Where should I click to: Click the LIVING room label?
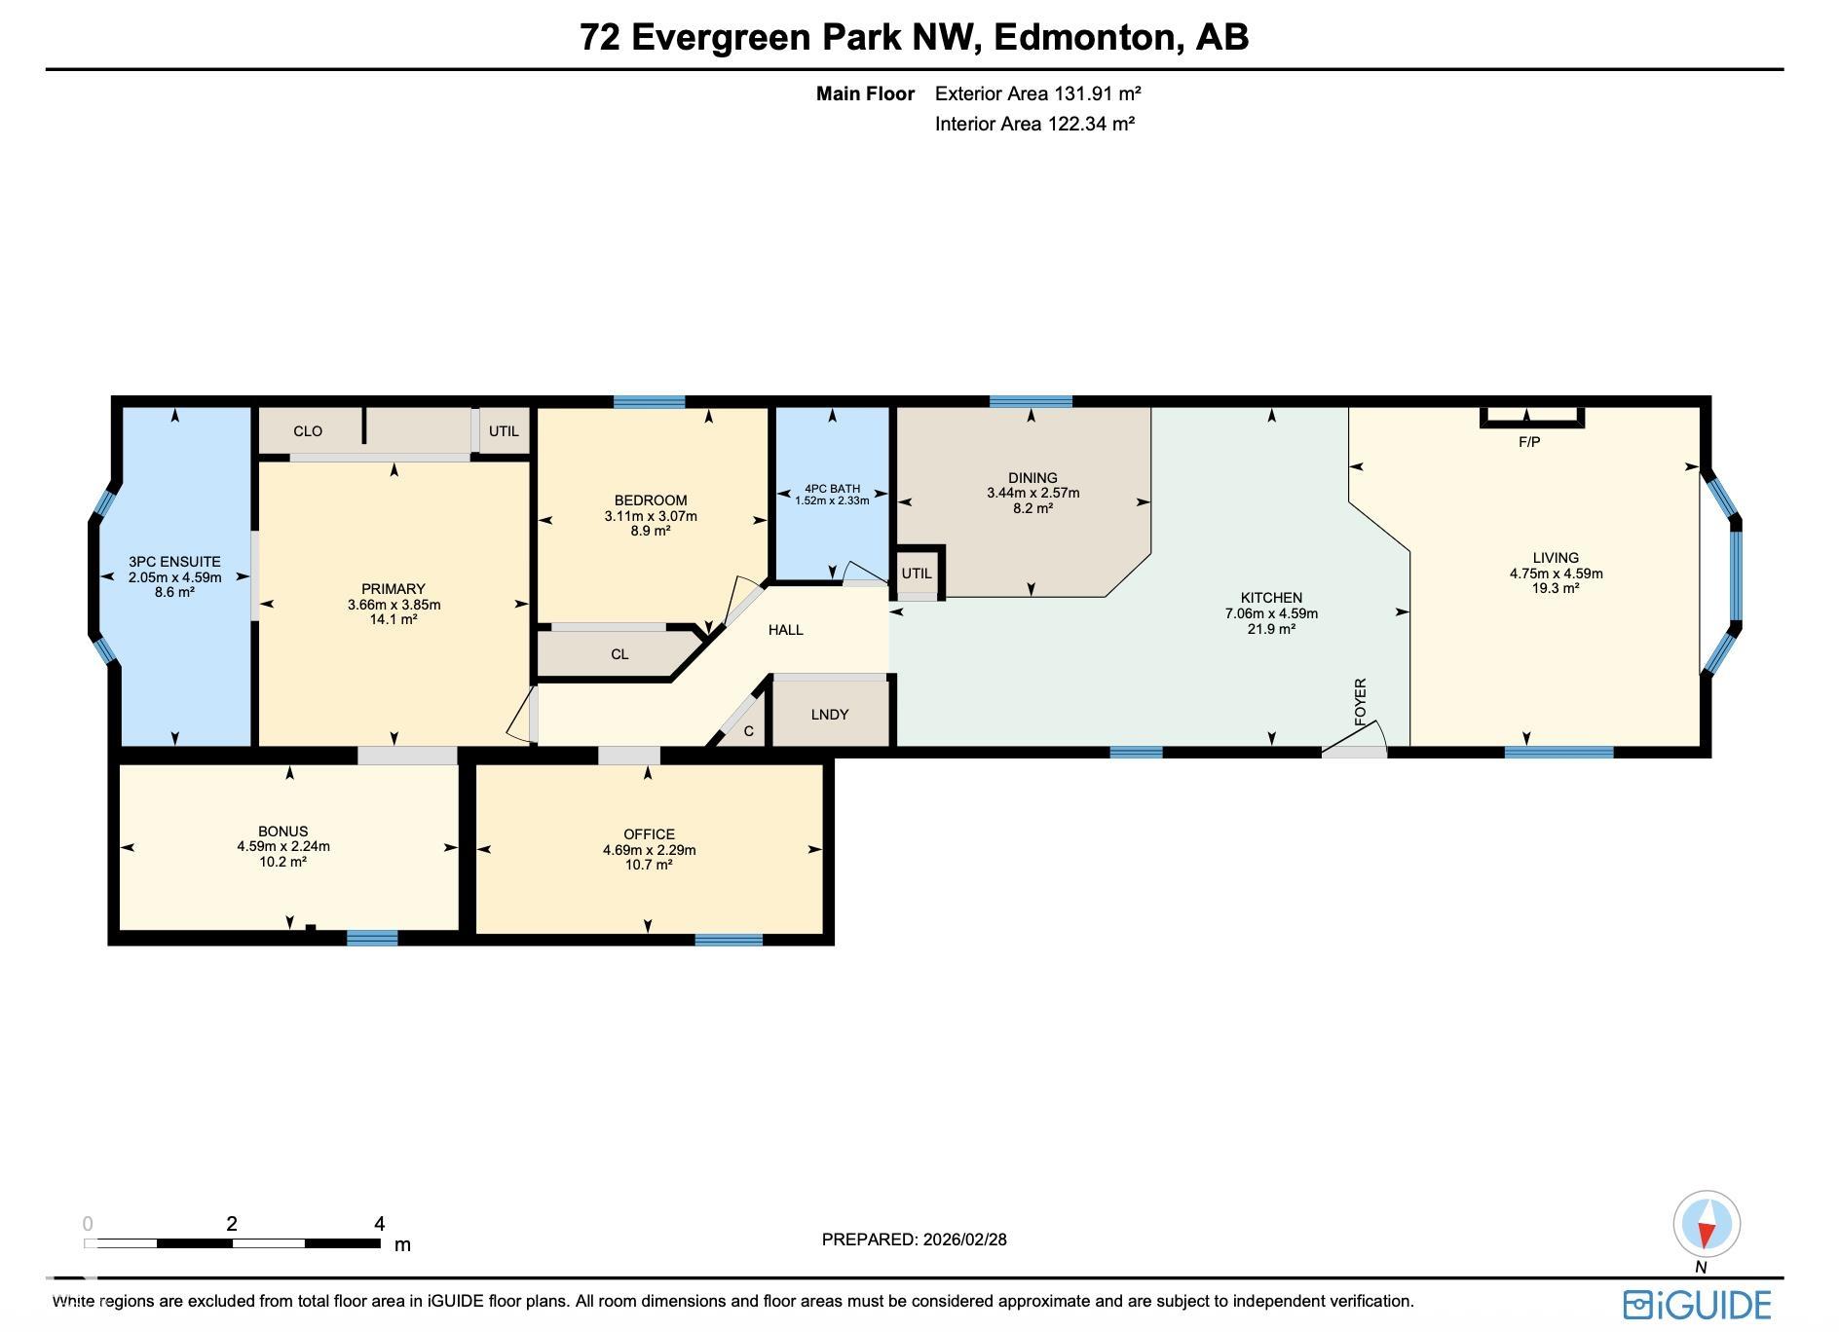click(1556, 558)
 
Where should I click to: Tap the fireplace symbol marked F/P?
click(1531, 418)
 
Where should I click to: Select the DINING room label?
click(1032, 477)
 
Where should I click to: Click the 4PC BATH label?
click(832, 489)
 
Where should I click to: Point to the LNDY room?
click(830, 714)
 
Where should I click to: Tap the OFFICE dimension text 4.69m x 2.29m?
click(649, 850)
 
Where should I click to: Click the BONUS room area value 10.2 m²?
click(282, 862)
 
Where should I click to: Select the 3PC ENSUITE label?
click(174, 562)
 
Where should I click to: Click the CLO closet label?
click(308, 431)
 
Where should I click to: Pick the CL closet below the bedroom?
click(619, 654)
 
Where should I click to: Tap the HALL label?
click(785, 630)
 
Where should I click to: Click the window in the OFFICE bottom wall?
click(729, 940)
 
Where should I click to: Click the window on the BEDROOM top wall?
click(649, 401)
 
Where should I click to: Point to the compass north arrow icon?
click(1707, 1224)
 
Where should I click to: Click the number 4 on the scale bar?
click(379, 1223)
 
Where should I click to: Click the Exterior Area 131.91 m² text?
click(1037, 93)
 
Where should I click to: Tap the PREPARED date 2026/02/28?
click(964, 1239)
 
